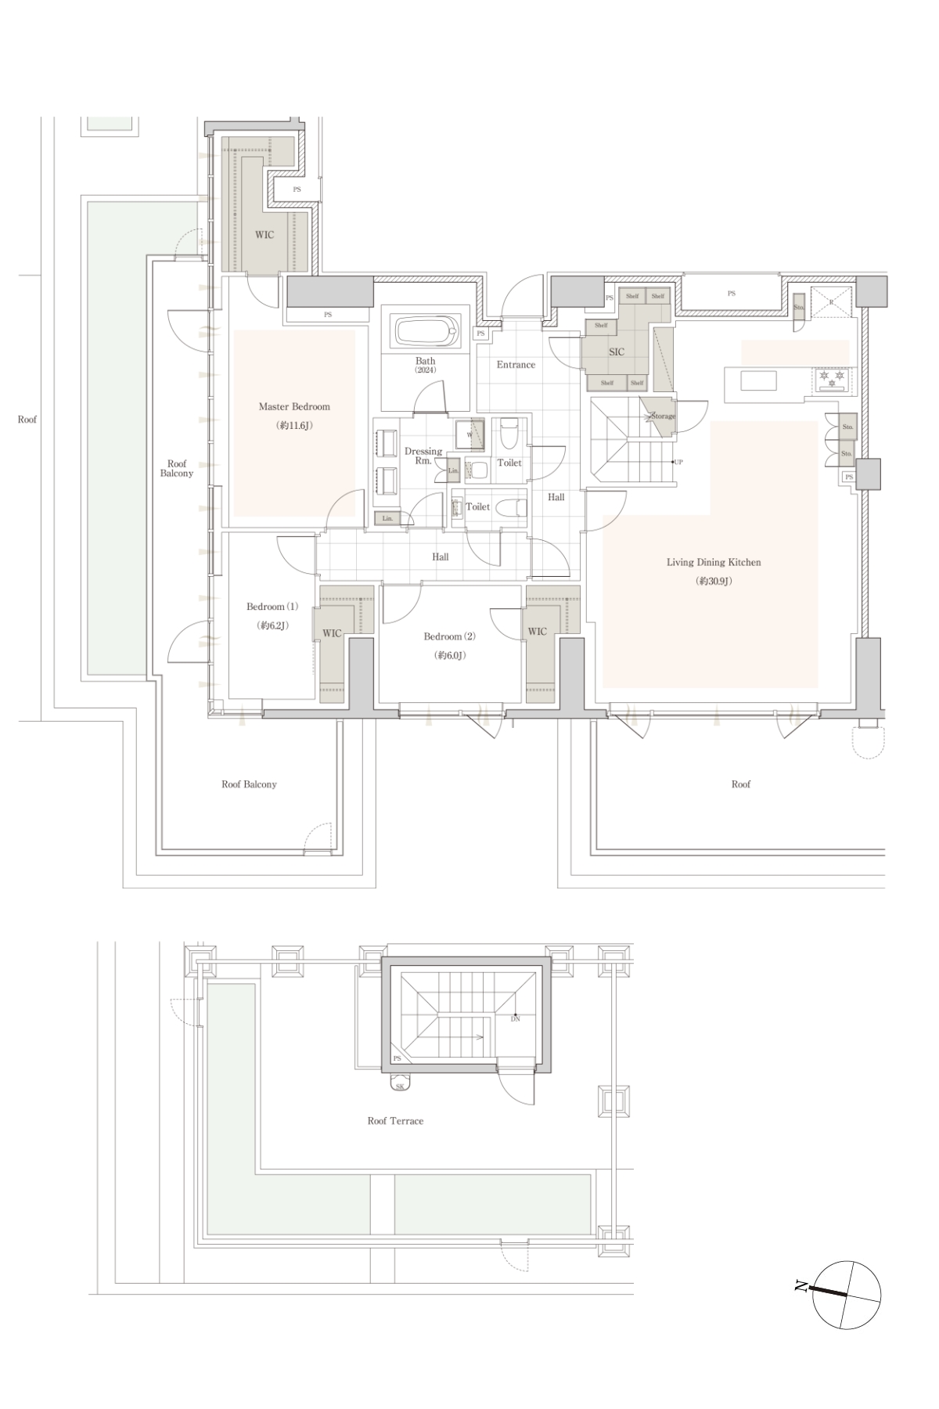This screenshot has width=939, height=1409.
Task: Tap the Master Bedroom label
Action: coord(294,407)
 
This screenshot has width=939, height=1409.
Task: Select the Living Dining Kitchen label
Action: coord(714,562)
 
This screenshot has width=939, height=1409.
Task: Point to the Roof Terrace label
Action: coord(395,1121)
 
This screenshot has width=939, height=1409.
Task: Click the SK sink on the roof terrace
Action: coord(400,1086)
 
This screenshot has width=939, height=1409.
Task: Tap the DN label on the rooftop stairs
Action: coord(515,1019)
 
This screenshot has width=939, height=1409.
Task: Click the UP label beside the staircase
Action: coord(678,462)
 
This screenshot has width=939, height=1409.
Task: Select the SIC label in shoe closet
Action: coord(617,352)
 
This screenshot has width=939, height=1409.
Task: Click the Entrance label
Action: coord(516,365)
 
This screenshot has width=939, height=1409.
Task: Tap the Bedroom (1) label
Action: coord(272,607)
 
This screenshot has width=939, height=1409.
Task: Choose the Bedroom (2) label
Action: coord(449,636)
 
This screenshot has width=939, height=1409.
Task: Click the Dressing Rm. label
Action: coord(423,456)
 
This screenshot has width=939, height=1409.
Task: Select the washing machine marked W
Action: coord(469,434)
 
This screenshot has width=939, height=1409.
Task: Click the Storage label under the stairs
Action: coord(663,416)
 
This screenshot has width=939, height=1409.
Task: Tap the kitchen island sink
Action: coord(760,381)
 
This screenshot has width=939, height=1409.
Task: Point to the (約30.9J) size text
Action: coord(714,582)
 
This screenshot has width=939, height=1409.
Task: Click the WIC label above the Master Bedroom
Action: coord(264,235)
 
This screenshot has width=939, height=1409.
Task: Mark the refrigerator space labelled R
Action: coord(831,302)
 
